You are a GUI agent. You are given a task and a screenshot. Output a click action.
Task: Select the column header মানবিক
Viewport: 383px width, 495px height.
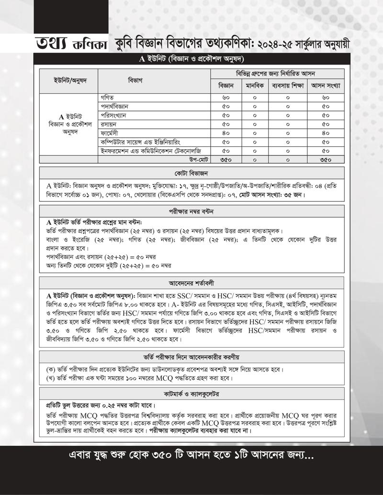tap(254, 86)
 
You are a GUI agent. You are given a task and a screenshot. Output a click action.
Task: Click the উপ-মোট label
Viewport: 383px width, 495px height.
tap(197, 159)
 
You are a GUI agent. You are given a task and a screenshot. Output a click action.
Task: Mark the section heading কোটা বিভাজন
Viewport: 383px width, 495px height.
tap(193, 172)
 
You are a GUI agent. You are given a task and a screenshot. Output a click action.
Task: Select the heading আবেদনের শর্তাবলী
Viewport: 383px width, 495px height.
tap(193, 281)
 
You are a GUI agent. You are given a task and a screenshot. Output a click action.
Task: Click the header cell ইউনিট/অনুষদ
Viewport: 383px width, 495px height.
tap(69, 79)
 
